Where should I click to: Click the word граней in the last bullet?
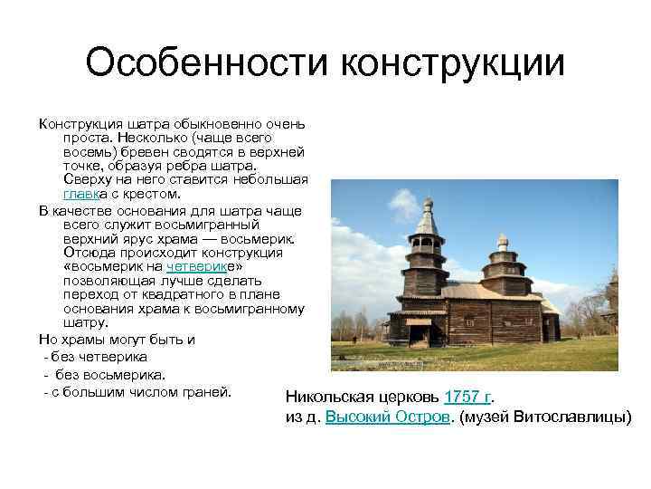pyautogui.click(x=209, y=392)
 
